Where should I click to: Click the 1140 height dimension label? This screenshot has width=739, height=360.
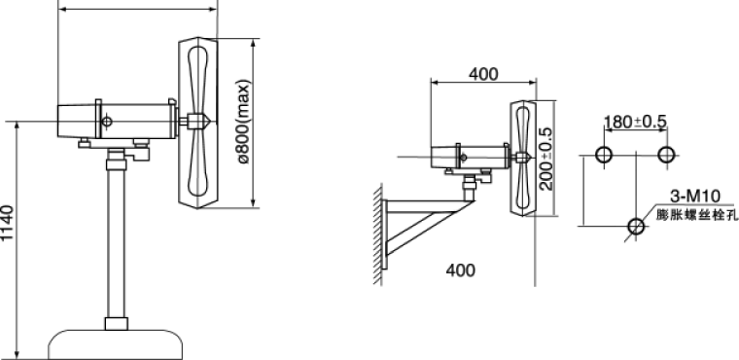(7, 222)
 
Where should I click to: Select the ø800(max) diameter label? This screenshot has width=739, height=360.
(244, 122)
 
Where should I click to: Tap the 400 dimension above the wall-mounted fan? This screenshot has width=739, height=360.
(483, 74)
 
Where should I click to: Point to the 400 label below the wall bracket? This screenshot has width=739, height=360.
(461, 270)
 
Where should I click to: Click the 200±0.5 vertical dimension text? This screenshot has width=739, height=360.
(545, 159)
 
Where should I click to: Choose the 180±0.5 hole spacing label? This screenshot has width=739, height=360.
(635, 122)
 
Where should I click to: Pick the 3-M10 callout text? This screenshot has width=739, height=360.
(695, 196)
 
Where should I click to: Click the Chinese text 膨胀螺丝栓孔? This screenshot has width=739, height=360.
(695, 215)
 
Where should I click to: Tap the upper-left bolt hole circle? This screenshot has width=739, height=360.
(604, 155)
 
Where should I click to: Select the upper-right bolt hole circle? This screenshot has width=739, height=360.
(666, 155)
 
